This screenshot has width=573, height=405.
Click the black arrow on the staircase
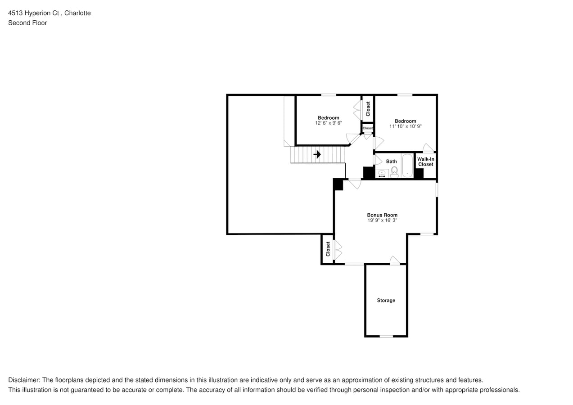pos(317,154)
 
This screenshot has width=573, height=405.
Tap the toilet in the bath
pos(394,171)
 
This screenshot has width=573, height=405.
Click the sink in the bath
pos(383,173)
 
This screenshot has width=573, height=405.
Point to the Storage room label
pos(386,300)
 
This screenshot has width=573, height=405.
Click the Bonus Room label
pos(382,215)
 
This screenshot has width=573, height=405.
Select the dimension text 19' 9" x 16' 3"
pos(382,220)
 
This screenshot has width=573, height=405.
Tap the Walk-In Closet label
pos(425,162)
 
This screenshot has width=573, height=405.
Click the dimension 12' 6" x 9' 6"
pos(328,123)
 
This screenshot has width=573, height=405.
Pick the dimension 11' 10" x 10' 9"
pos(405,126)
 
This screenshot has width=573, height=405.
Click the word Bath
pos(391,161)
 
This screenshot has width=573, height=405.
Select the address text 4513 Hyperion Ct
pos(34,13)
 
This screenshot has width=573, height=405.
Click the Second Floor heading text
pos(27,22)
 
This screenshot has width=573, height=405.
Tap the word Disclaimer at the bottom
pos(24,380)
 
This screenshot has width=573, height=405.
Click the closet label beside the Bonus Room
pos(328,249)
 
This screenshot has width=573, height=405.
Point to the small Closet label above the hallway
pos(368,128)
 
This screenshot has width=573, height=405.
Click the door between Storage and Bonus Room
pos(394,260)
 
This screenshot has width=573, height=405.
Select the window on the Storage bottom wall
pos(386,336)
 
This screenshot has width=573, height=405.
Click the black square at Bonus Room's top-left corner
pos(338,184)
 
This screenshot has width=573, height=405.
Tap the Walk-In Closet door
pos(429,148)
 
